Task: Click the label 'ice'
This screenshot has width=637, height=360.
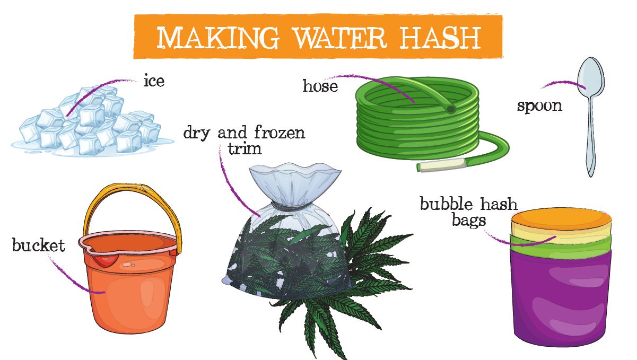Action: coord(154,81)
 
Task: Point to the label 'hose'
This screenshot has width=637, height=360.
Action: coord(320,86)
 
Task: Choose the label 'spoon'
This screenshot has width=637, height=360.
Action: coord(539,105)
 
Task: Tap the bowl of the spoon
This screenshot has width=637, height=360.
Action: coord(590,77)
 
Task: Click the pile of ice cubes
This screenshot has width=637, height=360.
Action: coord(90,122)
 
